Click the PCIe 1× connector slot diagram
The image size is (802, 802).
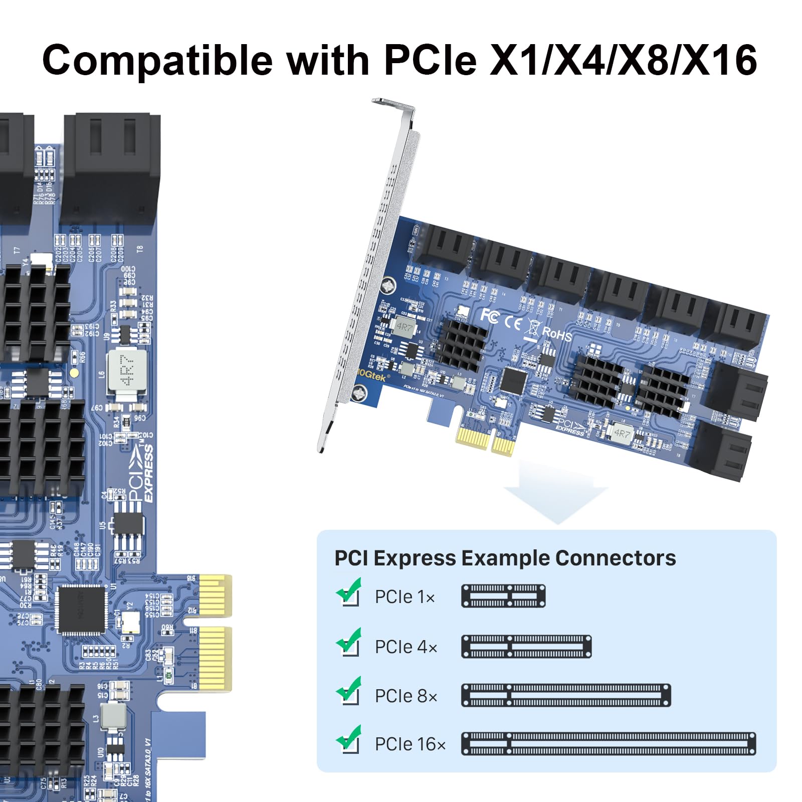[503, 596]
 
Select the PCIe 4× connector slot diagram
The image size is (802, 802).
[526, 646]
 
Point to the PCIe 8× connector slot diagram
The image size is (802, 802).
[565, 695]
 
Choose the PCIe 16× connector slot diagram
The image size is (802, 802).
[608, 743]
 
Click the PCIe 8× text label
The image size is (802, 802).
[406, 696]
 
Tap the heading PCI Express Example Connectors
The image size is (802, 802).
[505, 558]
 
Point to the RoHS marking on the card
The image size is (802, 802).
[556, 334]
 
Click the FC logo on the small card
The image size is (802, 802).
[489, 316]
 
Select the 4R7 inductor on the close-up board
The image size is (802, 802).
[127, 370]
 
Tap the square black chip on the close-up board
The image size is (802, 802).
[82, 610]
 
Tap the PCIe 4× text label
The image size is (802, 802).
[406, 647]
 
